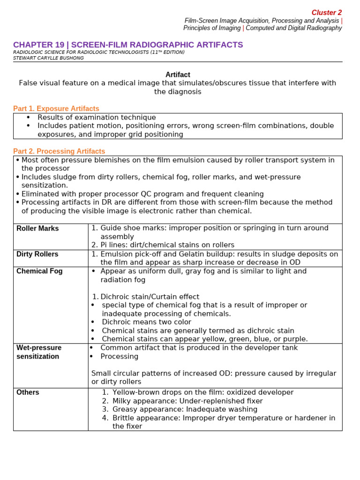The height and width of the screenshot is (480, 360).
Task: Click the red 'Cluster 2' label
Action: tap(327, 13)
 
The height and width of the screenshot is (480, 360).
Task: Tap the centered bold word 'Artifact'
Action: tap(178, 75)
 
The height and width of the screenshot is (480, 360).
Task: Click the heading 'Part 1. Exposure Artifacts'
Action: tap(56, 109)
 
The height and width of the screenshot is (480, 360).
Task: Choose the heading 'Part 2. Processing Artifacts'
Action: tap(59, 151)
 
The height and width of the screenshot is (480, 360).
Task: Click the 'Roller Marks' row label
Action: tap(37, 229)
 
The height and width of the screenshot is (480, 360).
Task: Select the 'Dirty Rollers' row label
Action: tap(37, 254)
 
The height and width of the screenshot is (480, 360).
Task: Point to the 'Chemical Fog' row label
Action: tap(39, 271)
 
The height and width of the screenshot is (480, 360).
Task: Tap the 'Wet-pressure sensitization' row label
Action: tap(39, 352)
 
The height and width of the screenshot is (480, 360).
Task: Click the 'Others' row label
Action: tap(28, 392)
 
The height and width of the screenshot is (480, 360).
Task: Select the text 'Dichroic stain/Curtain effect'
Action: tap(150, 297)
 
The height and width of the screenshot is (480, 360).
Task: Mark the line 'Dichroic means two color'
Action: tap(146, 322)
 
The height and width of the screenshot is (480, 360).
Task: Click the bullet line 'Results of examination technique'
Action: tap(97, 118)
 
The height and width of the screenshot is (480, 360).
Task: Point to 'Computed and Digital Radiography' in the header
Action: tap(294, 28)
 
